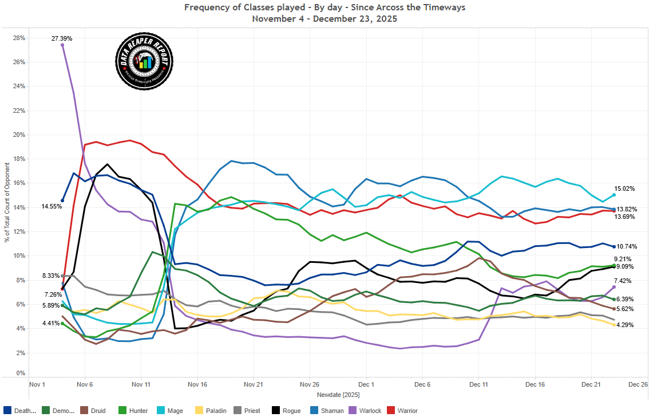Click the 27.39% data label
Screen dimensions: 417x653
pos(62,38)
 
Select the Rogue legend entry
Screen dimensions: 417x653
pos(287,410)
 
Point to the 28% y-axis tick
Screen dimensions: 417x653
pos(19,38)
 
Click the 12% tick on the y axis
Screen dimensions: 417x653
pos(19,232)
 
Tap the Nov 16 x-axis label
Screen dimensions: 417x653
pos(197,385)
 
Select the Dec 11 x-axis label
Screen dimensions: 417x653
pos(478,385)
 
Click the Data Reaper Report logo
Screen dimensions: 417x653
pos(144,61)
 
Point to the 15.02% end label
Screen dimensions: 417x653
pos(624,188)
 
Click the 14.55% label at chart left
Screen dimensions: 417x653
pos(52,206)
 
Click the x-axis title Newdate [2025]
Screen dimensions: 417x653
pos(338,395)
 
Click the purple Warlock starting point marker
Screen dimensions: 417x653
pos(62,45)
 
